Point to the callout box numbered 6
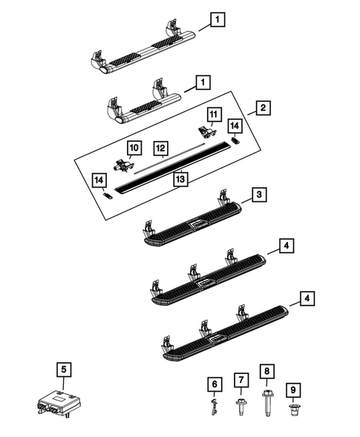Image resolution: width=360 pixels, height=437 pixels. (215, 384)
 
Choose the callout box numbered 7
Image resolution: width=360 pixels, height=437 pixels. (240, 379)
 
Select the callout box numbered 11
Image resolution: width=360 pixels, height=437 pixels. (213, 114)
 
